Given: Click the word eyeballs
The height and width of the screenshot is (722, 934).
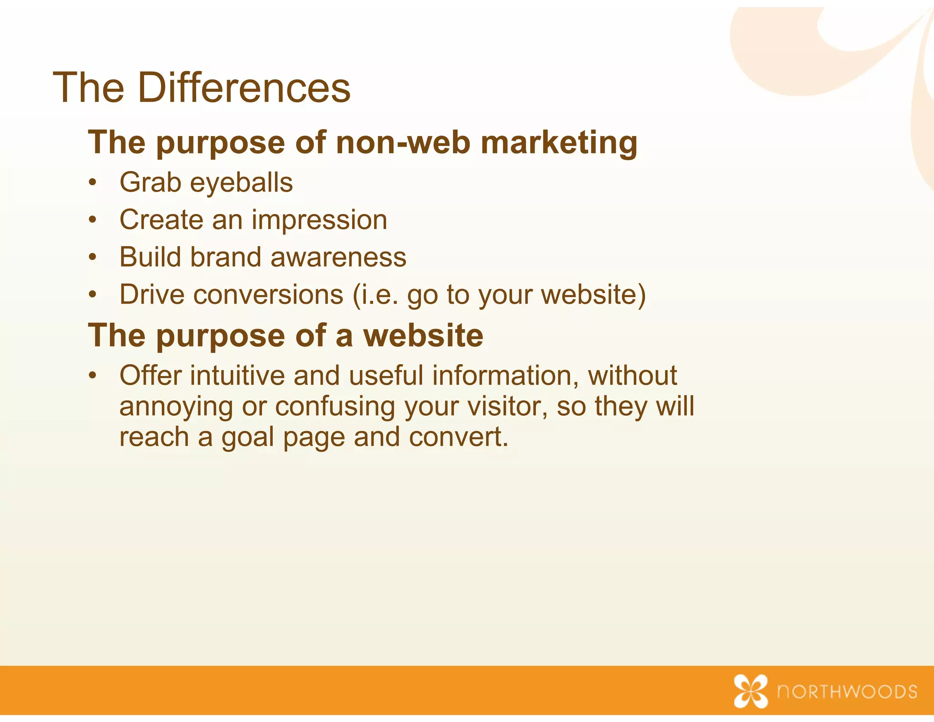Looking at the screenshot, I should click(241, 183).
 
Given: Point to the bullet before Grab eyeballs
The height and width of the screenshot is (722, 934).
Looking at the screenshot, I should click(93, 183).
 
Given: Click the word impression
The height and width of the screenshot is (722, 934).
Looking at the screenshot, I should click(319, 220).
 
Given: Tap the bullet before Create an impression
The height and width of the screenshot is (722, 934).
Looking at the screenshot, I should click(93, 220).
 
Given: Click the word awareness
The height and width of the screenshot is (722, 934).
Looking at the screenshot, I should click(338, 258).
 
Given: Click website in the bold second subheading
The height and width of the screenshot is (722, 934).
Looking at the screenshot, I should click(423, 335).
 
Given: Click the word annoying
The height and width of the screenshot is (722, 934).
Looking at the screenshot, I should click(176, 407).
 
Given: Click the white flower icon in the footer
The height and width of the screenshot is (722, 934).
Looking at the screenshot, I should click(750, 691).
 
